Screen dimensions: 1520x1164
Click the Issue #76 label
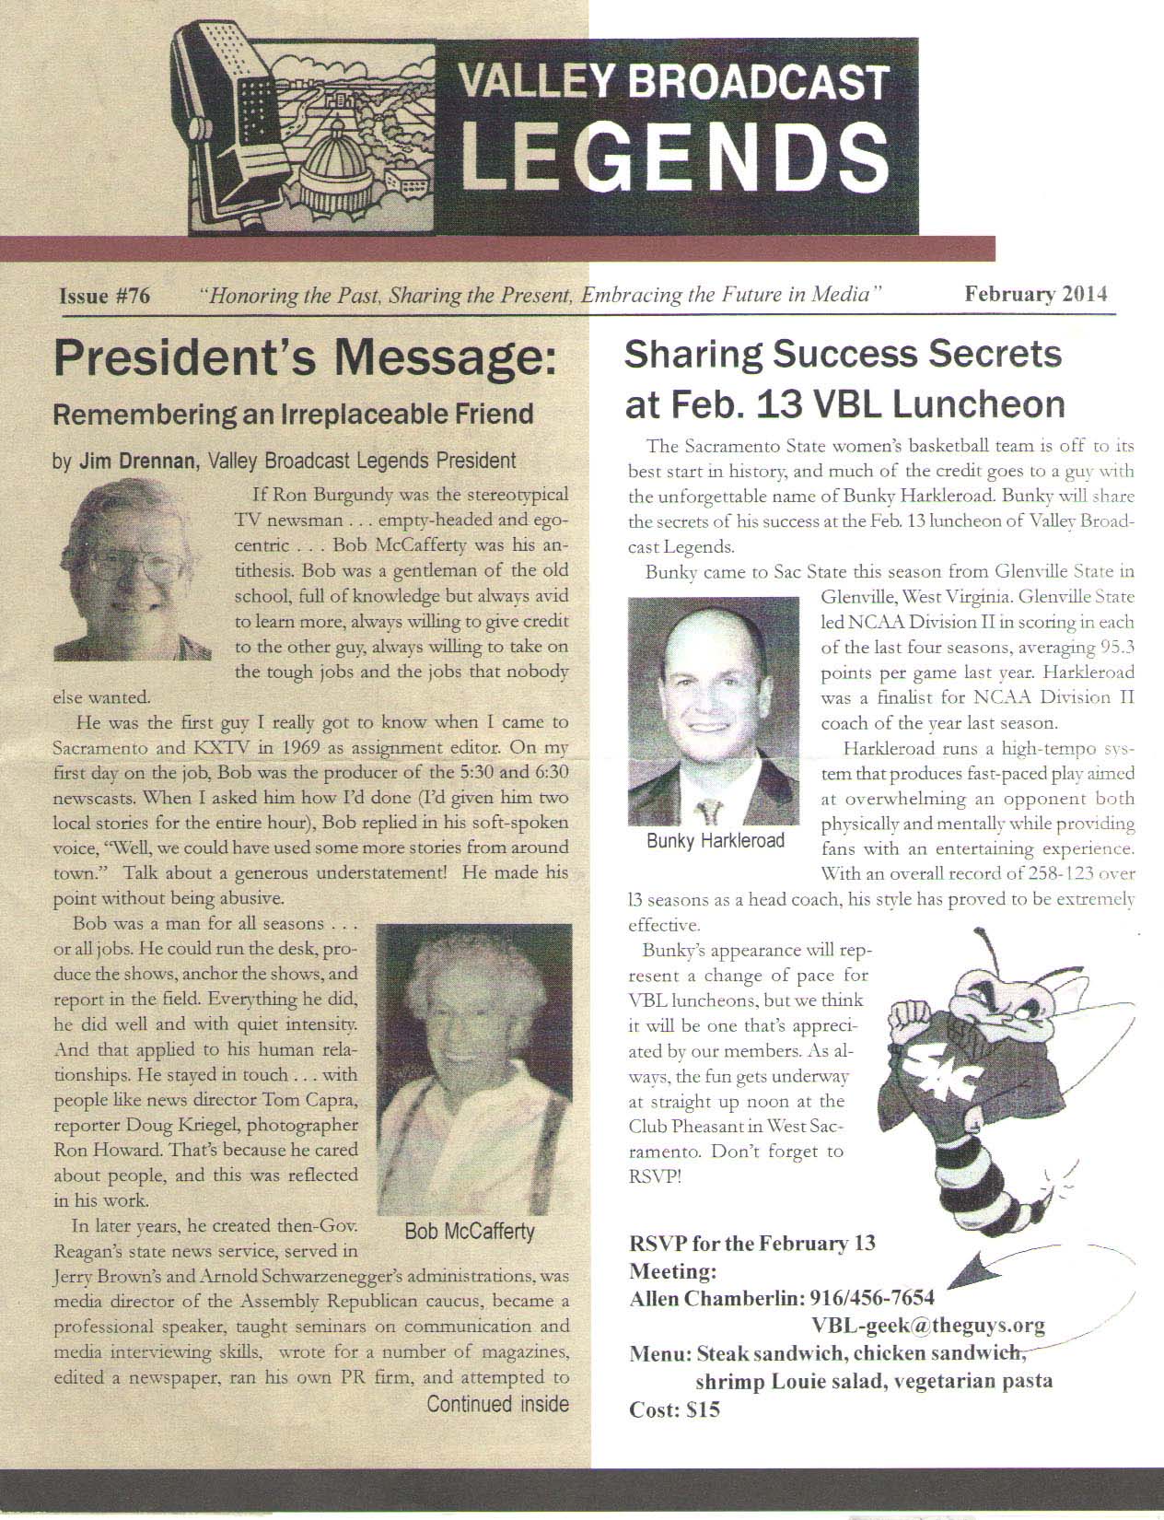(x=104, y=297)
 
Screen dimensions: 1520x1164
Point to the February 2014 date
(x=1036, y=295)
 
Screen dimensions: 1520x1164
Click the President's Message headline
(x=305, y=359)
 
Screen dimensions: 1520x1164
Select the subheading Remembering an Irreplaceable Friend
(x=294, y=414)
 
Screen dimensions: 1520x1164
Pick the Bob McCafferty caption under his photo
(x=469, y=1232)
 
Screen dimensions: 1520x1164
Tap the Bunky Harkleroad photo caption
(x=716, y=840)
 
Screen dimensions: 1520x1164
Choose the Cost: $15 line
(x=674, y=1409)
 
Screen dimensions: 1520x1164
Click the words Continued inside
(x=497, y=1404)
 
